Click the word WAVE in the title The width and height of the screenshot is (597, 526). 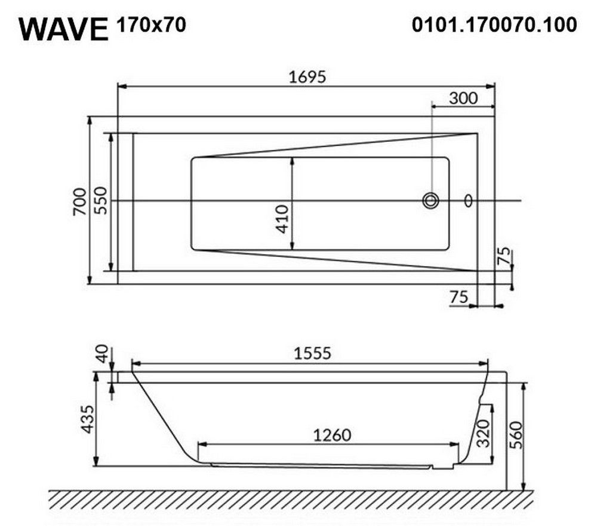coord(64,29)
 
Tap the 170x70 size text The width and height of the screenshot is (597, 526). coord(152,25)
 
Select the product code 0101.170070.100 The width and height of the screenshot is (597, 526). coord(494,24)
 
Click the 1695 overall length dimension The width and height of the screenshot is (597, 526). coord(307,77)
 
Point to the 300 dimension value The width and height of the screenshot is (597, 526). coord(463,98)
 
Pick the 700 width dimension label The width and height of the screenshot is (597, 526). coord(80,202)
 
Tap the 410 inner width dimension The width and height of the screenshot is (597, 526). coord(282,219)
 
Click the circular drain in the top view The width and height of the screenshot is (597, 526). coord(431,200)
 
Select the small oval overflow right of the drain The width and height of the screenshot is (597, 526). coord(468,200)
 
